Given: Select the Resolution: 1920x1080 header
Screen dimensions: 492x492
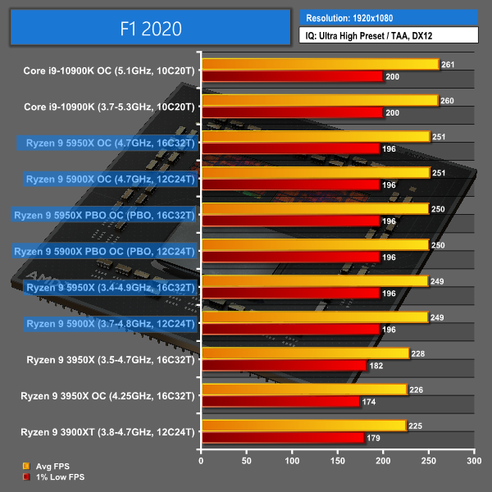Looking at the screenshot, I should tap(389, 16).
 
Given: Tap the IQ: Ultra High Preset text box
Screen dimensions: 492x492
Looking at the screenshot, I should tap(389, 34).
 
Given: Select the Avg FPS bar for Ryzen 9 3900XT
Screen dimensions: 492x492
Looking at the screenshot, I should tap(303, 426).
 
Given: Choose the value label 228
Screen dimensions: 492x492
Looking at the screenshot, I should tap(419, 353).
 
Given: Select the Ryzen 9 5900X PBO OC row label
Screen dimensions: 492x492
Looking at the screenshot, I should tap(105, 251).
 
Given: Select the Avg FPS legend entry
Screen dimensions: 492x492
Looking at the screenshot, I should tap(50, 467).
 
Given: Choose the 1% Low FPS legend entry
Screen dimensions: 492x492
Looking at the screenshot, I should tap(55, 476).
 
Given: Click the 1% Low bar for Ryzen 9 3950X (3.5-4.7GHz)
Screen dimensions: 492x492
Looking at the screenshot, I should tap(284, 366).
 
